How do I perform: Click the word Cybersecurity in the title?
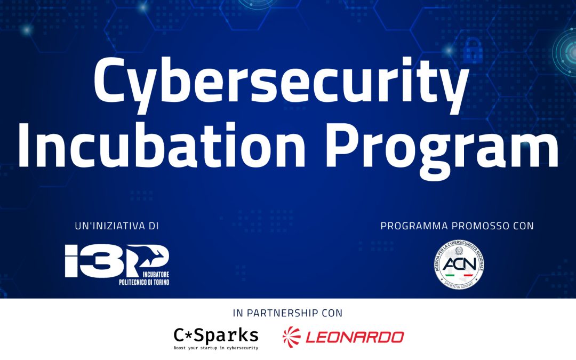(281, 83)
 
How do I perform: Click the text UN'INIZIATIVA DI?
(117, 226)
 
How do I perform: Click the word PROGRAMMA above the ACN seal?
(414, 226)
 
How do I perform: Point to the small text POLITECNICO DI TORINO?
(144, 282)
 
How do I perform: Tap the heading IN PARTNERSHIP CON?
(287, 313)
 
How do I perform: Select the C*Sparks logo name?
(216, 335)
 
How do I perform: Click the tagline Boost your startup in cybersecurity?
(216, 348)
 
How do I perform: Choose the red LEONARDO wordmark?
(354, 337)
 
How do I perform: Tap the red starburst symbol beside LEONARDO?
(292, 336)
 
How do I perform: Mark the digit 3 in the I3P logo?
(90, 261)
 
